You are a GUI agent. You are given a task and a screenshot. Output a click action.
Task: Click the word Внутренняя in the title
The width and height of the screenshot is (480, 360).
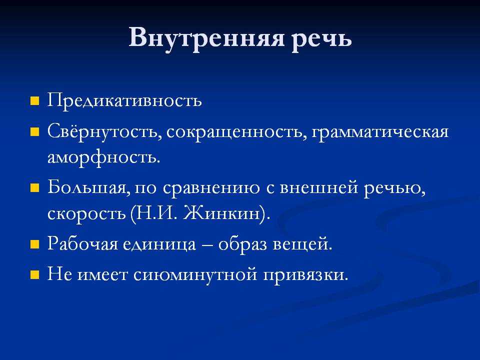coord(206,37)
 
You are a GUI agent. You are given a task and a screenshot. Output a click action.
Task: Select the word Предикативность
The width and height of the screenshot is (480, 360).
coord(124,100)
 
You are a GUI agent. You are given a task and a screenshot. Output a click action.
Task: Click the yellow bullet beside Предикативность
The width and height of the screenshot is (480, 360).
coord(35,101)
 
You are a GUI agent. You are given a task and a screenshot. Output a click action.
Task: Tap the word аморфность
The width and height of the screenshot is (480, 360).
coord(104,157)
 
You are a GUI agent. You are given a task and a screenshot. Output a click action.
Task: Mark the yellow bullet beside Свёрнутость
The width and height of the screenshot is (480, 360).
coord(35,132)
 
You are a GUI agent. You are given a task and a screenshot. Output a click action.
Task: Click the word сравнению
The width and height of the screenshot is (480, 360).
coord(211,188)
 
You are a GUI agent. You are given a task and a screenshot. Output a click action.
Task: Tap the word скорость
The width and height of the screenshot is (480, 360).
coord(86,213)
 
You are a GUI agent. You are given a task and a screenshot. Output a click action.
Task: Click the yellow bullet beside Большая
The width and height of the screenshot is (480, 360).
coord(35,187)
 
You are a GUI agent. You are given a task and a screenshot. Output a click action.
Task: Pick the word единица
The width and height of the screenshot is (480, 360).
coord(159,244)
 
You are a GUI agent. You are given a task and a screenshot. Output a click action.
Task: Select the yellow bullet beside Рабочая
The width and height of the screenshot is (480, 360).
coord(35,244)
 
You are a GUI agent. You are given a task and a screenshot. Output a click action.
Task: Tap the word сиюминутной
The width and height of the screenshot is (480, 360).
coord(195,274)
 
